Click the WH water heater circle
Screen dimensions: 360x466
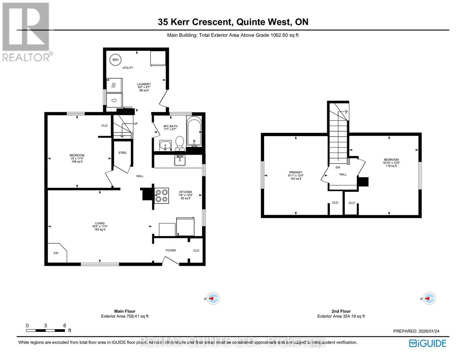[115, 60]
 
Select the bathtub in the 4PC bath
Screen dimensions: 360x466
[194, 131]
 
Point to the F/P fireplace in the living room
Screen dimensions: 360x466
[57, 253]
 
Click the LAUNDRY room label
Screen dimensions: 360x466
[144, 84]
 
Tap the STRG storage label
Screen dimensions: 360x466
[122, 153]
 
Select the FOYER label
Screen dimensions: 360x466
[171, 250]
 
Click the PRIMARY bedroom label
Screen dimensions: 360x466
[296, 172]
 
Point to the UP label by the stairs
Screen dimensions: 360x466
[135, 124]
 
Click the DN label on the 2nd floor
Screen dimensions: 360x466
[338, 167]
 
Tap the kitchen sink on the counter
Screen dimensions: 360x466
[180, 160]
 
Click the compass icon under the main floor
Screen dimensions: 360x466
[214, 298]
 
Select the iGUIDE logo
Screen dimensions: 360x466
[428, 343]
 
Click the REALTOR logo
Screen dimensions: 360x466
[26, 31]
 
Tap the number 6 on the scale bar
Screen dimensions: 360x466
[65, 325]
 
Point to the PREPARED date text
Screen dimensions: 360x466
[416, 331]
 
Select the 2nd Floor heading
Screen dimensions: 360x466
[341, 311]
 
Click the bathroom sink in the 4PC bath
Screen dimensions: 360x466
[165, 146]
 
